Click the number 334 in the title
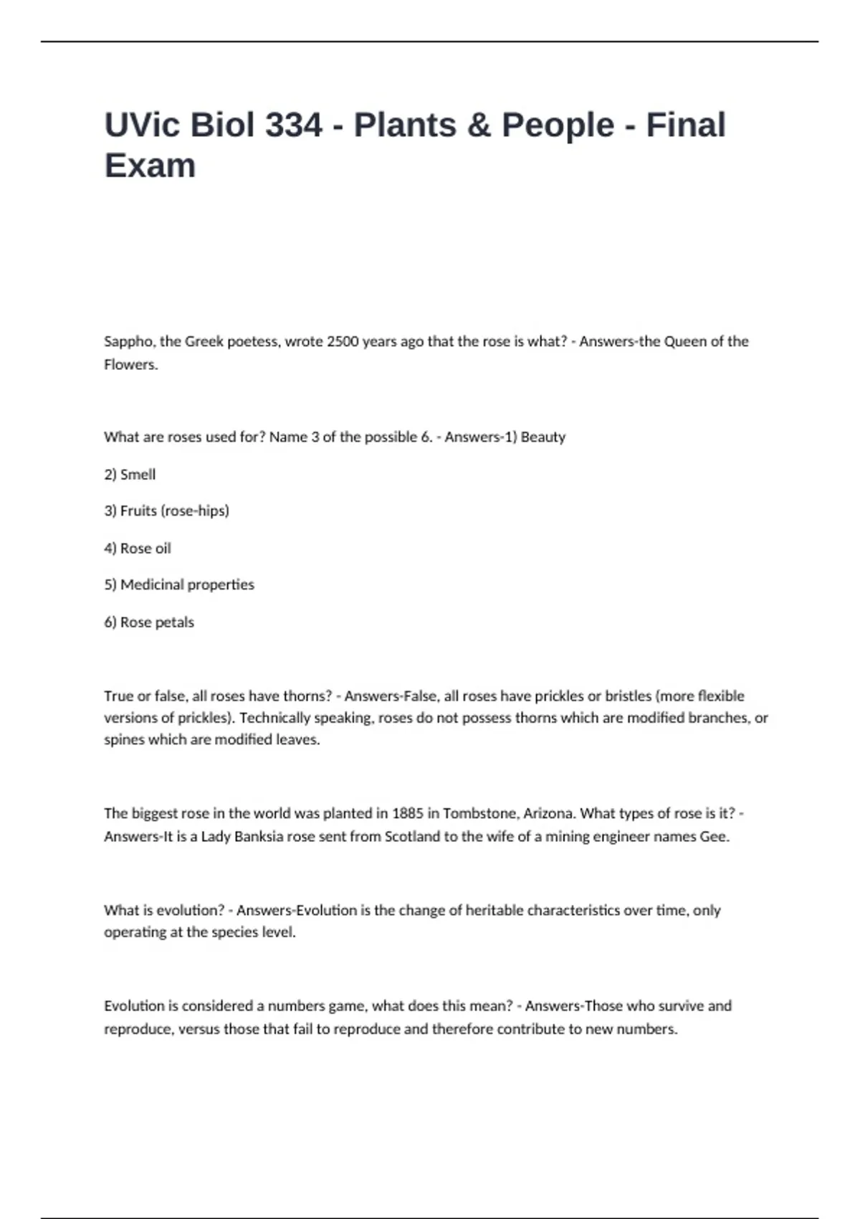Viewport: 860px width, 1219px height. click(x=294, y=125)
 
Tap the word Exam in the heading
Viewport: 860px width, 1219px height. click(x=150, y=166)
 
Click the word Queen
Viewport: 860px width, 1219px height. click(x=684, y=341)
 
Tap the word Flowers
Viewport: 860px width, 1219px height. click(x=130, y=364)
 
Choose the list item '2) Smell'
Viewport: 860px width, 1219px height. click(x=130, y=474)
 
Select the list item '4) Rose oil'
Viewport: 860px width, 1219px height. click(x=138, y=548)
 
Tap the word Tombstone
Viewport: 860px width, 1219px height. click(x=479, y=813)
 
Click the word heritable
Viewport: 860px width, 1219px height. click(x=494, y=910)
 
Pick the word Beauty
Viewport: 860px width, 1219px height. click(x=543, y=437)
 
